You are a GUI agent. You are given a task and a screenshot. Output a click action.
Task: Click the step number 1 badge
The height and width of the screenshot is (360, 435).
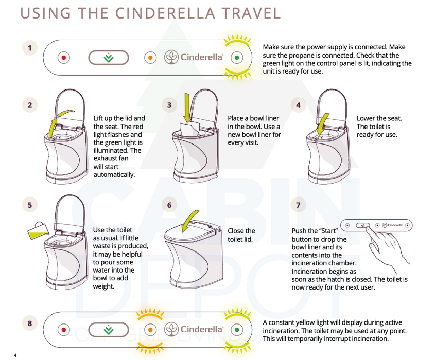click(x=30, y=48)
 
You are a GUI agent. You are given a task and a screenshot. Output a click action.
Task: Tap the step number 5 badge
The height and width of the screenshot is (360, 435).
click(x=30, y=205)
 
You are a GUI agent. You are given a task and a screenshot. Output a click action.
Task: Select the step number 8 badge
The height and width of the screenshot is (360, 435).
click(x=30, y=323)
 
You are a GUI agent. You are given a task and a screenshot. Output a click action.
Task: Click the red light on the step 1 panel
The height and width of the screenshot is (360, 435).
click(x=63, y=58)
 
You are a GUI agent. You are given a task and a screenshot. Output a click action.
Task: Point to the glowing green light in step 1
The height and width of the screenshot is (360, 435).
click(x=237, y=58)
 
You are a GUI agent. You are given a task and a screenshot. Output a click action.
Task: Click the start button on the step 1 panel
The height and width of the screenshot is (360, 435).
click(x=108, y=58)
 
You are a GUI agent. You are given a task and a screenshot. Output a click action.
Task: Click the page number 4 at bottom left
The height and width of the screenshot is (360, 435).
click(x=15, y=355)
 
